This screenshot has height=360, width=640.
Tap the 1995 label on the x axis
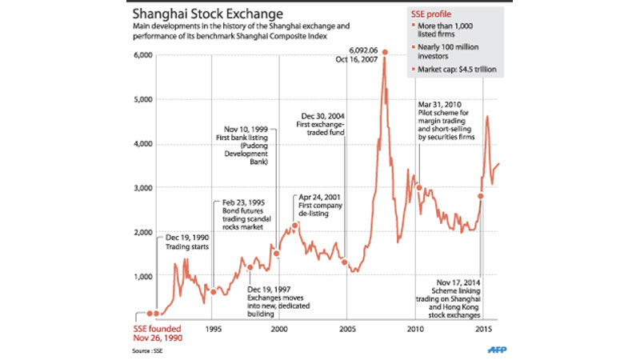(212, 329)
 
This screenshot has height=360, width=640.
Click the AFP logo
(498, 349)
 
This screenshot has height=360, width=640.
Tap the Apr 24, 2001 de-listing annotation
(322, 206)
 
